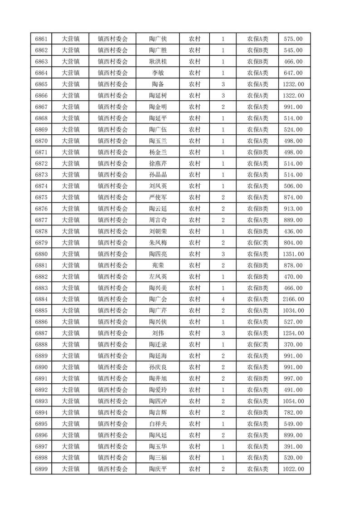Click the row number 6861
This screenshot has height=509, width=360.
(x=41, y=39)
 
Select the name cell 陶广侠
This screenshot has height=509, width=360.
(x=158, y=39)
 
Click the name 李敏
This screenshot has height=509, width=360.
(x=158, y=73)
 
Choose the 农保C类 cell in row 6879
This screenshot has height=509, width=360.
(x=257, y=243)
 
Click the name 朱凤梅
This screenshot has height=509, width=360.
(x=158, y=243)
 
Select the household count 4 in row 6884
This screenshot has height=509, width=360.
(x=223, y=299)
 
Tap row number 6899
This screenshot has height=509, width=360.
(x=41, y=469)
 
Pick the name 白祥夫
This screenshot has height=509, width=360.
(x=158, y=424)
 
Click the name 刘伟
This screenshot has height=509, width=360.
(x=158, y=333)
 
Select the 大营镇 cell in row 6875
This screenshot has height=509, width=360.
(x=70, y=197)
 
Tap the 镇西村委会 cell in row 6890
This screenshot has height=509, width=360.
(x=113, y=367)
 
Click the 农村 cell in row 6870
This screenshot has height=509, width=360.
(x=194, y=141)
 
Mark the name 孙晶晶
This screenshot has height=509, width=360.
(x=158, y=175)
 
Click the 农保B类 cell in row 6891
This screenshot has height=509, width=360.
(x=257, y=378)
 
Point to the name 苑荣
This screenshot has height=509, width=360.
(x=158, y=265)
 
